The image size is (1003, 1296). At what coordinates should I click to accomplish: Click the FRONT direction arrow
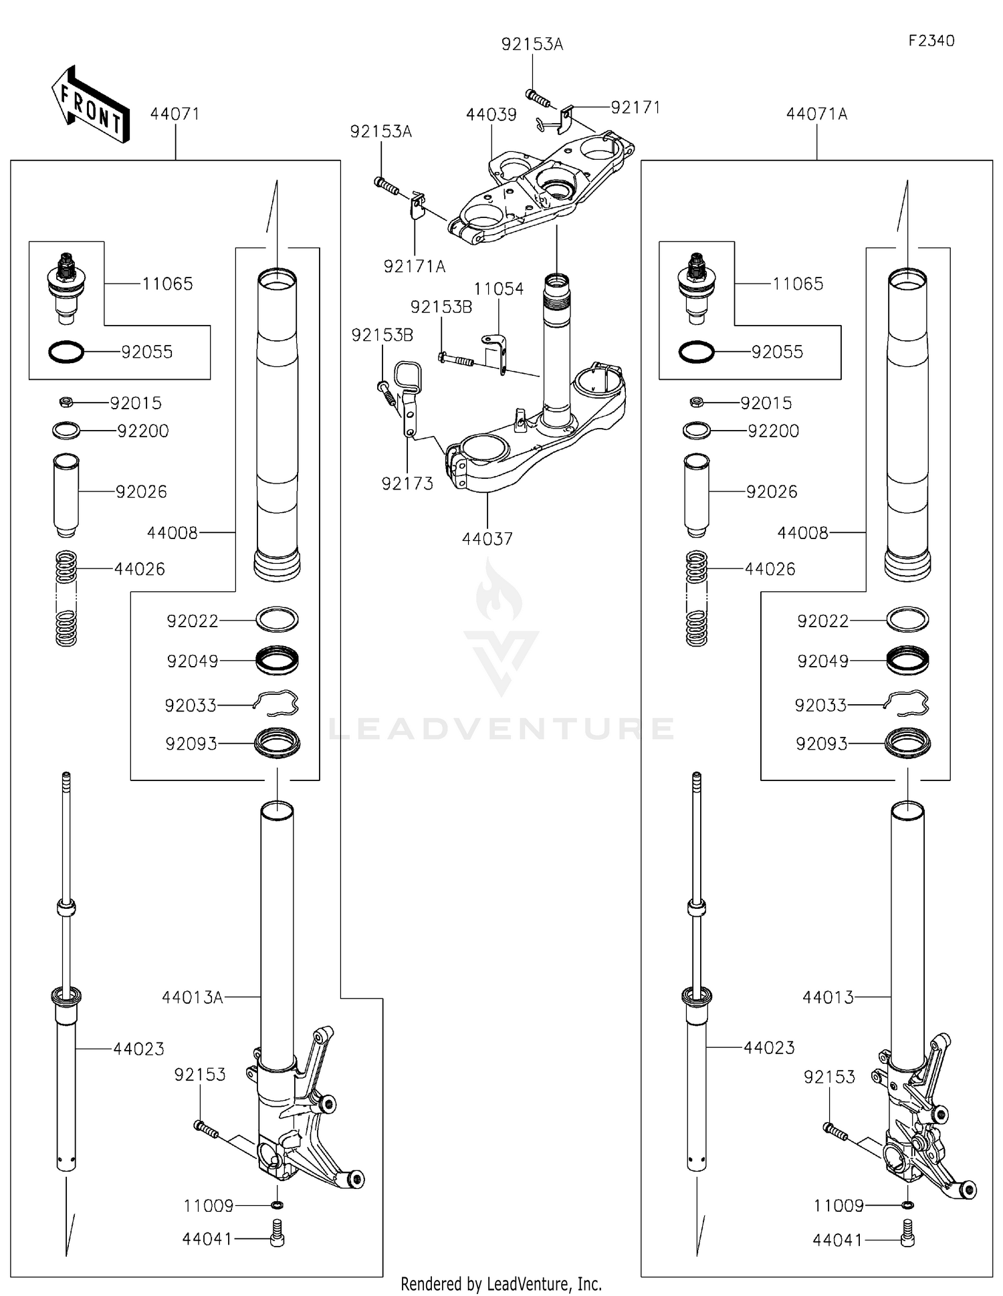click(90, 105)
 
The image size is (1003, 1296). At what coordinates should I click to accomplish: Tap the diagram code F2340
click(931, 41)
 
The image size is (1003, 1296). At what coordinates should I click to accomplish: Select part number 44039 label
click(491, 114)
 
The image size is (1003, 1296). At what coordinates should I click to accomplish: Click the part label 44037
click(487, 538)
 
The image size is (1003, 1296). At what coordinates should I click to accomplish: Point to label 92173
click(407, 483)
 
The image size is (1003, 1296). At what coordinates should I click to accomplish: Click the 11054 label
click(499, 289)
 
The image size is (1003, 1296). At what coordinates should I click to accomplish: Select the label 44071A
click(816, 114)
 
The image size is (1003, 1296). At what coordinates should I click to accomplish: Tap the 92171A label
click(414, 266)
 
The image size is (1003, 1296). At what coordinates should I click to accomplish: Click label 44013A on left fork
click(192, 997)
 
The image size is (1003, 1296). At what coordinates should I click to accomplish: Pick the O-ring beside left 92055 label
click(66, 352)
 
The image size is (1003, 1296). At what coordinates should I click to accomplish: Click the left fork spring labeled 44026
click(66, 598)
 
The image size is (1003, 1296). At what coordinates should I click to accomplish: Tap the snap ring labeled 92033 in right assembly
click(906, 704)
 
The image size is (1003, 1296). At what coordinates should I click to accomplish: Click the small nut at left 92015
click(66, 403)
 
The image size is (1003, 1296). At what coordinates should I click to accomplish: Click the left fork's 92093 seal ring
click(277, 743)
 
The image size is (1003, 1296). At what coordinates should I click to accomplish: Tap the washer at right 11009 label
click(907, 1205)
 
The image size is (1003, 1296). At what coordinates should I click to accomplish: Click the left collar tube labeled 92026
click(66, 494)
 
